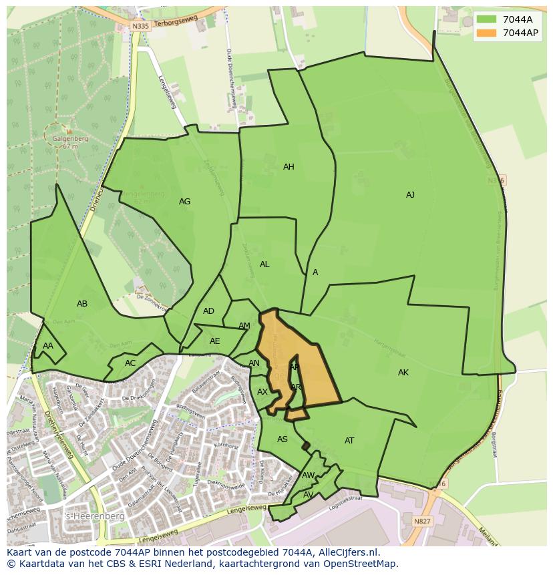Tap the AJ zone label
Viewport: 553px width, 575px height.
[410, 195]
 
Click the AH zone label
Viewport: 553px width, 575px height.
[289, 167]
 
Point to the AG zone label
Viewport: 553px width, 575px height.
[185, 202]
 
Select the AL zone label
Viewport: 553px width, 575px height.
[264, 264]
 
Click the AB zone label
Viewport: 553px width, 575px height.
[82, 304]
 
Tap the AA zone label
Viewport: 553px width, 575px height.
[48, 346]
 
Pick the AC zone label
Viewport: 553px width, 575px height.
[130, 363]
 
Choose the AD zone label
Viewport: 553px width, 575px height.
[209, 311]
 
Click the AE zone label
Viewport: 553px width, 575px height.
[214, 341]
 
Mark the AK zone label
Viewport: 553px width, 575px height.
[403, 373]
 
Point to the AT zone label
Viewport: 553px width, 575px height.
[349, 441]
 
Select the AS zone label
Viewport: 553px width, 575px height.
[283, 439]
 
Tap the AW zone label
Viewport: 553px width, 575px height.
[308, 475]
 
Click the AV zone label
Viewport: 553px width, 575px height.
[308, 495]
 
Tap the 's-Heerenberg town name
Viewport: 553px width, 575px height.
[85, 517]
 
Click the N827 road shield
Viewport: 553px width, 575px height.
[421, 522]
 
